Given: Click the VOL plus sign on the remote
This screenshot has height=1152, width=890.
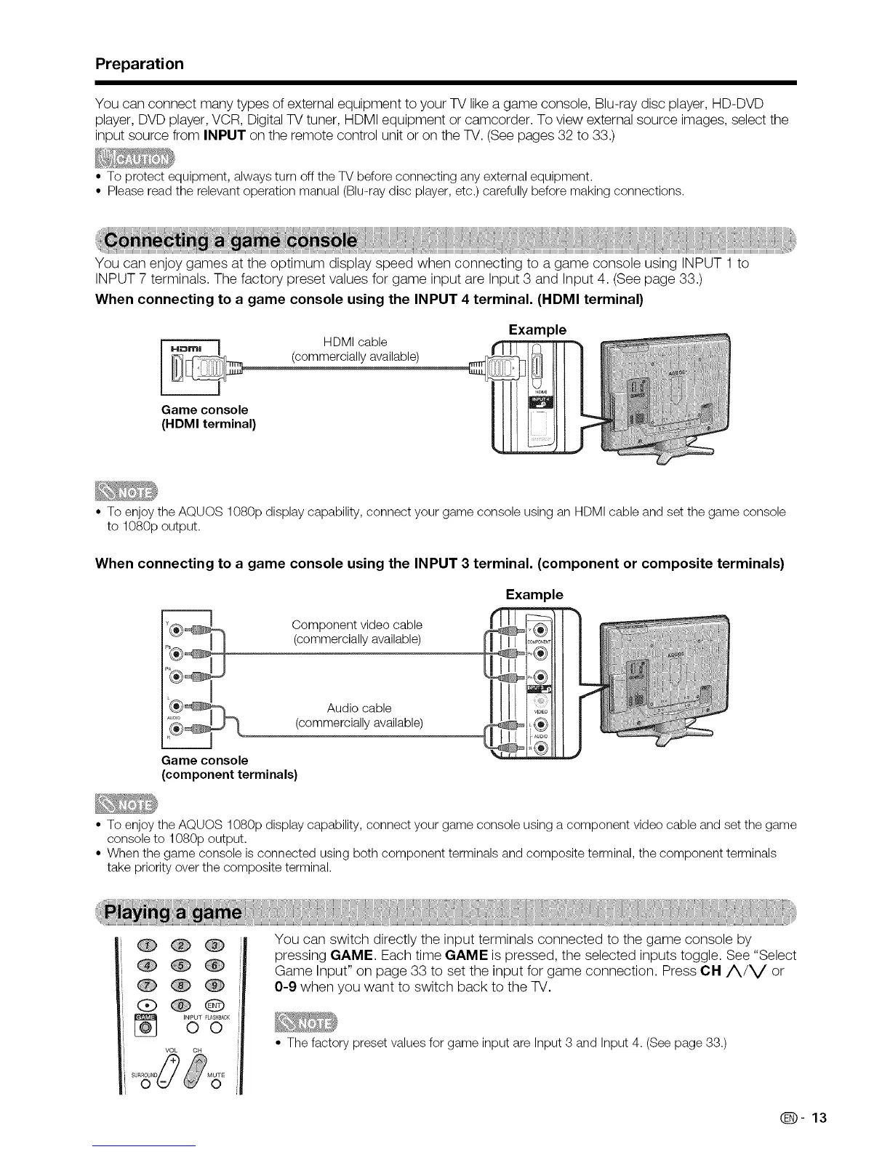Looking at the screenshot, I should click(173, 1061).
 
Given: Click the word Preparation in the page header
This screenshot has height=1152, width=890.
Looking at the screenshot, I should click(140, 63).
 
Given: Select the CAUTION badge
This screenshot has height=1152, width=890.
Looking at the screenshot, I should click(136, 159).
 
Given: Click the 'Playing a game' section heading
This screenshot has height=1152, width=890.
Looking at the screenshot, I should click(175, 912).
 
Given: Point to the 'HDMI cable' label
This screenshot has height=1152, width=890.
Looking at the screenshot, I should click(355, 342).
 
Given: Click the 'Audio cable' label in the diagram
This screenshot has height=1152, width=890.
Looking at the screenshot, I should click(359, 708).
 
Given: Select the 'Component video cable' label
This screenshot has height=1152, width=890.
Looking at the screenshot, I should click(356, 625).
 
